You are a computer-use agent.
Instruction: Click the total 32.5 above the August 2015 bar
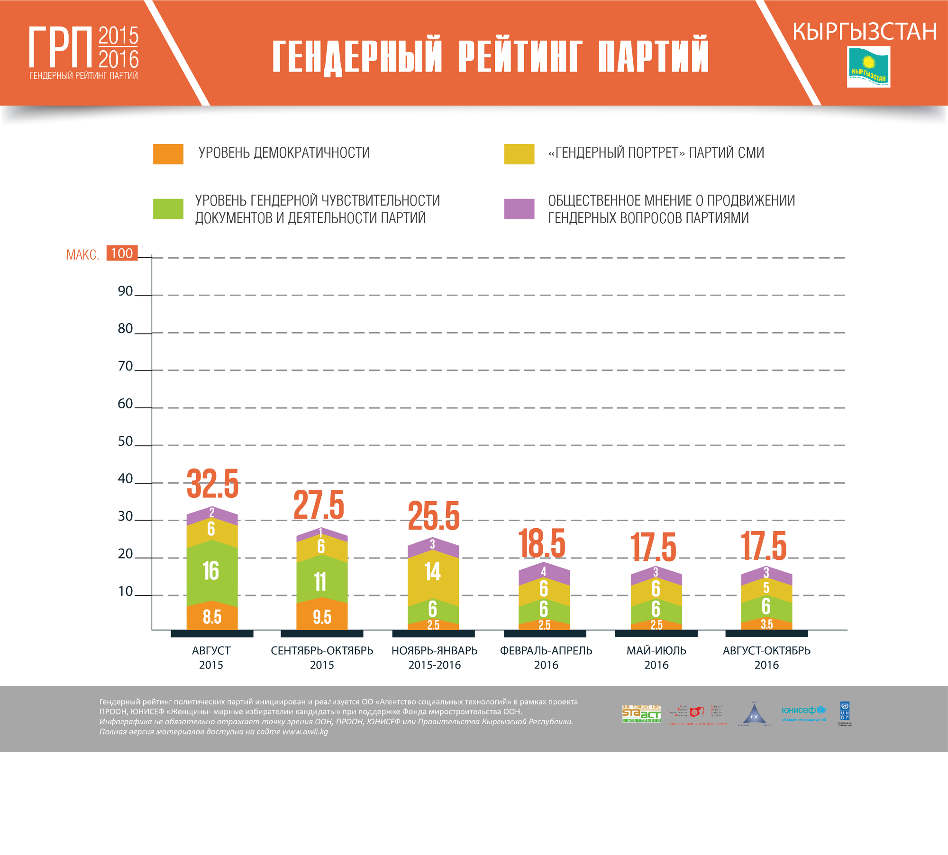212,484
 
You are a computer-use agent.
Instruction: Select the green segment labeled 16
211,571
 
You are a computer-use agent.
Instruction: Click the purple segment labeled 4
544,572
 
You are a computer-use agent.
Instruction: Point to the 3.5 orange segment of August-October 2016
766,624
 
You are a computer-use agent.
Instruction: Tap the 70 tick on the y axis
126,366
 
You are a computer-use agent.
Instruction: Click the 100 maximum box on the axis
122,253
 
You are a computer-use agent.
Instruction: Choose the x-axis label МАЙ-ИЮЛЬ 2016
656,657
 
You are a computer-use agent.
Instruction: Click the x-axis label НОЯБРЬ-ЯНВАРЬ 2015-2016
434,657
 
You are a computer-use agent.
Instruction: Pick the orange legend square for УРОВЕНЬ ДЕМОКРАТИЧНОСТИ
168,154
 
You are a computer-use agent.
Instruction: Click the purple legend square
519,209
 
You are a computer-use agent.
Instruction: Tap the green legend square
168,209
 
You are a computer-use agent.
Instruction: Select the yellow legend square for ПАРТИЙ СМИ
519,154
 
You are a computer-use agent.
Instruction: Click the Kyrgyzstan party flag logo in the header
868,67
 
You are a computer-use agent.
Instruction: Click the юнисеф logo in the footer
803,712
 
